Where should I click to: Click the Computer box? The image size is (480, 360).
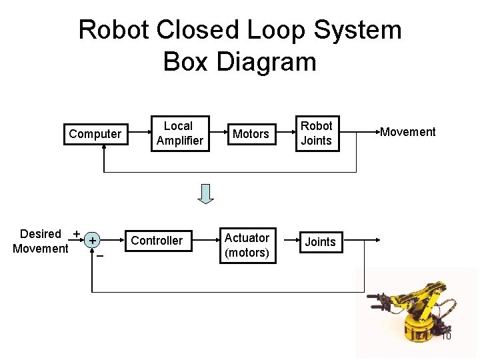coord(95,134)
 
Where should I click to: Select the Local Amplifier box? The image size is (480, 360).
coord(179,133)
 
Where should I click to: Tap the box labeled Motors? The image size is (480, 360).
coord(251,134)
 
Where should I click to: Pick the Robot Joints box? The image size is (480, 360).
coord(316,133)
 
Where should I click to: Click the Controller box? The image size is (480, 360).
coord(157,241)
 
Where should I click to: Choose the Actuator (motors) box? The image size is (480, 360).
coord(247,245)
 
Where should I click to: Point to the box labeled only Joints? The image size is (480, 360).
coord(320,242)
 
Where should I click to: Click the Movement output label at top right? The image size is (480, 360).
coord(407,132)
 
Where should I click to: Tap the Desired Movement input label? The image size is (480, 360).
coord(41,241)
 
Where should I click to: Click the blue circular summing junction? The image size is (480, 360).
coord(93,240)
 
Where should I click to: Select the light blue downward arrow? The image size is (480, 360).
coord(206,193)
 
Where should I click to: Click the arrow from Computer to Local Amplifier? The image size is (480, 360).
coord(137,133)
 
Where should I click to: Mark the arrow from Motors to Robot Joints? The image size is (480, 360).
coord(283,133)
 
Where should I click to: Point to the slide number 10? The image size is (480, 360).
coord(446,336)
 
